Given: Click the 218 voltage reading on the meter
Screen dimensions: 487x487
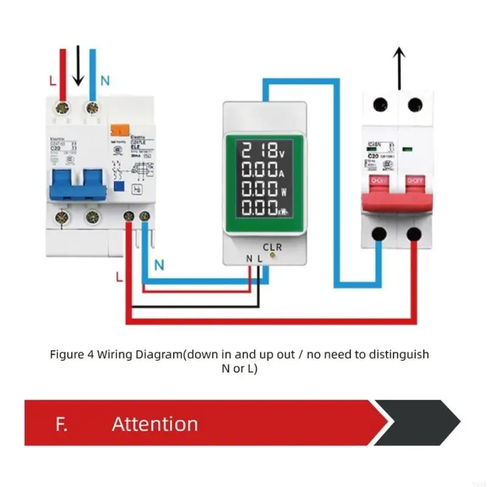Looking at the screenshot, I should [x=262, y=149].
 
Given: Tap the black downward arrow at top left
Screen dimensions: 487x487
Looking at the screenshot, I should [x=78, y=67].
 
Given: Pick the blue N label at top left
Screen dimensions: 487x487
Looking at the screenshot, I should [x=104, y=80].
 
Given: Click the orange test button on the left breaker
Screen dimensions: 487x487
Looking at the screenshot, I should [x=118, y=129].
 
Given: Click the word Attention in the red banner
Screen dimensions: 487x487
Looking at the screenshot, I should [x=155, y=424].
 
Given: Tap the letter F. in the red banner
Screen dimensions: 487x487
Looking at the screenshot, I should [x=61, y=424].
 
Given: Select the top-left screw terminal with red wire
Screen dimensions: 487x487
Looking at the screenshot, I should [x=61, y=108].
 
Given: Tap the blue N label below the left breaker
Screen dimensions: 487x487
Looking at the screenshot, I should [x=159, y=265].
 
